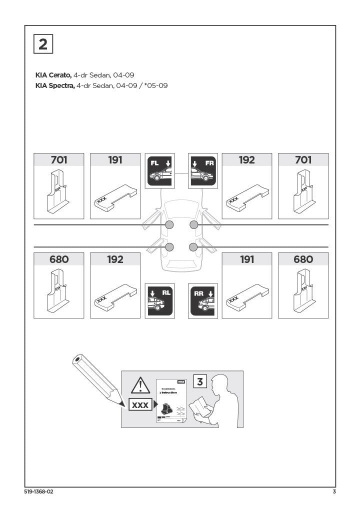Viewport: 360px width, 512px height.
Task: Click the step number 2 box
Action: point(43,44)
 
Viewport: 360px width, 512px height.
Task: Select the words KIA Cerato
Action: point(53,75)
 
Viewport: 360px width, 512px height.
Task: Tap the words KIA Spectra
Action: point(54,86)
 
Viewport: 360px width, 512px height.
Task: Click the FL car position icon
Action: point(159,170)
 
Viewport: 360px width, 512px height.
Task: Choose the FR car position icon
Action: point(203,170)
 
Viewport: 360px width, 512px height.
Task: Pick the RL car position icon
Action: point(159,301)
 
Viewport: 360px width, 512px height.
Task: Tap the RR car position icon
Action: point(203,301)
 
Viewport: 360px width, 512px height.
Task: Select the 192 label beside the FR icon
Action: point(246,160)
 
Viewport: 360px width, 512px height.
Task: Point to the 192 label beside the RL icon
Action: point(115,259)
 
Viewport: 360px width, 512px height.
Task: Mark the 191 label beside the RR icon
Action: point(246,259)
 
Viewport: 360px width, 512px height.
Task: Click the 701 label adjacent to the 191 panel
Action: point(59,160)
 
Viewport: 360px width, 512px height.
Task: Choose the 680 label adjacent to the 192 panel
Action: point(59,259)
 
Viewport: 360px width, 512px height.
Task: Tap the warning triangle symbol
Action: point(140,386)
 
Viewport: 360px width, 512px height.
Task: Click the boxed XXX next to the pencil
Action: point(140,405)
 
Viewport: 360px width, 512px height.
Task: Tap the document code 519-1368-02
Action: point(38,492)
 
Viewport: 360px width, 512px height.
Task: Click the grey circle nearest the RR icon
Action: point(193,246)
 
